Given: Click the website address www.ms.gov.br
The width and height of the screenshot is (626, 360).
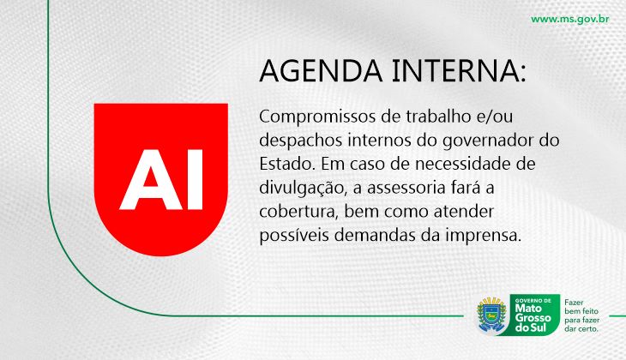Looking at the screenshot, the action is coord(569,19).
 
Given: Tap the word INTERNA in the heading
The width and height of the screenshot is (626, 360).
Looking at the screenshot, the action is coord(455,70).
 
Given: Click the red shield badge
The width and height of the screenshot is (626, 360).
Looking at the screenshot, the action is coord(161,179).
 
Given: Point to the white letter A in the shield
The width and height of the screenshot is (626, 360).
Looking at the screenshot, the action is coord(151,180).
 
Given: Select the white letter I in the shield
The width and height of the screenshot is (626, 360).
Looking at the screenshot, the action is coord(195,180).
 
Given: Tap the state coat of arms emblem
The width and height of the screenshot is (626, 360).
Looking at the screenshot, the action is coord(492,315).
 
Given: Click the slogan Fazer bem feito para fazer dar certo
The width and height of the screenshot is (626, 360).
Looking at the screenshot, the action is coord(581,315).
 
